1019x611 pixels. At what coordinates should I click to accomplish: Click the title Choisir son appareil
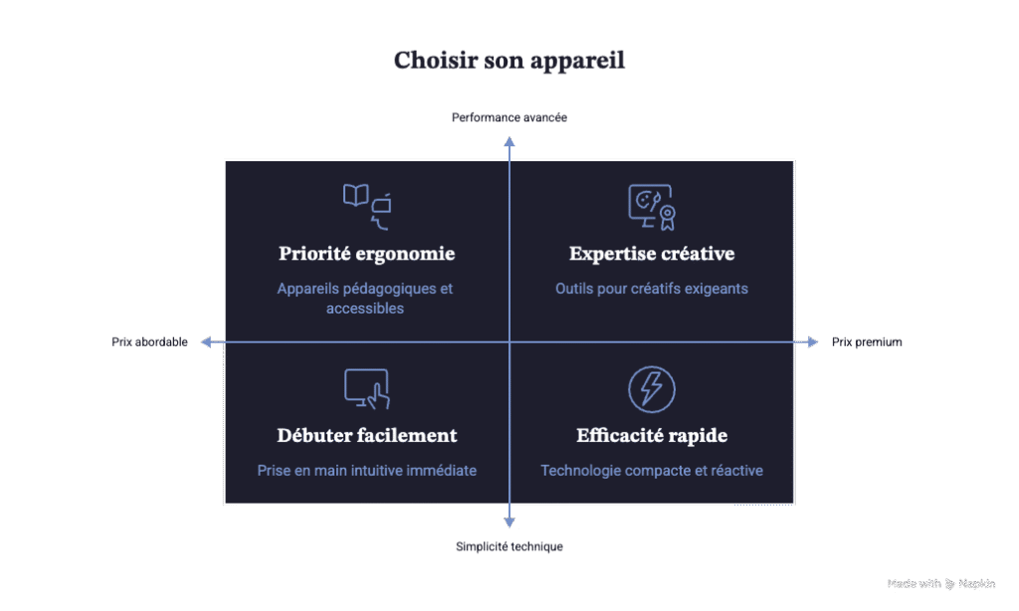[509, 61]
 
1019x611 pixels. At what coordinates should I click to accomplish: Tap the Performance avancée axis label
[509, 117]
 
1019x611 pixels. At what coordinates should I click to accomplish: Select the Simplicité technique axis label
[509, 546]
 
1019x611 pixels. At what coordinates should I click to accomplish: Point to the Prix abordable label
[149, 342]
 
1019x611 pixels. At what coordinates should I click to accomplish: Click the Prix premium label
[867, 342]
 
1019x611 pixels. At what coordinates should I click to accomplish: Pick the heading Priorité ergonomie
[366, 254]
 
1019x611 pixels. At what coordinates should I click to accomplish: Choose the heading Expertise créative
[652, 254]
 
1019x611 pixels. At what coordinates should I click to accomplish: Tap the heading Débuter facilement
[367, 436]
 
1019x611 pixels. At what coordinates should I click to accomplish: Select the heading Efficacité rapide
[652, 436]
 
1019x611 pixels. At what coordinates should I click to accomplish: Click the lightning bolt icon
[652, 389]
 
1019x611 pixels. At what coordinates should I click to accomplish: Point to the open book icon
[356, 195]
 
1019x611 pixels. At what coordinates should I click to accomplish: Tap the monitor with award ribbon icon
[652, 207]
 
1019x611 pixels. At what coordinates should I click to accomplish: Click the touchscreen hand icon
[367, 389]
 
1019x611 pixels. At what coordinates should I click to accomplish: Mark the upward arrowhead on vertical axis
[509, 141]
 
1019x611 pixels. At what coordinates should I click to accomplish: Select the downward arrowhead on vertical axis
[509, 522]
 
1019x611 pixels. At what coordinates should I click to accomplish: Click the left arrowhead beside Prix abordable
[206, 342]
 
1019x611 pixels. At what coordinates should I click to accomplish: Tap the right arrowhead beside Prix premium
[813, 342]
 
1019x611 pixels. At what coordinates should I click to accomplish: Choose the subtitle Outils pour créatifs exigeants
[652, 289]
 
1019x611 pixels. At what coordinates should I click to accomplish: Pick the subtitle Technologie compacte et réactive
[652, 471]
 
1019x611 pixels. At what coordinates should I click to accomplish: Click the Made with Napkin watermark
[941, 584]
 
